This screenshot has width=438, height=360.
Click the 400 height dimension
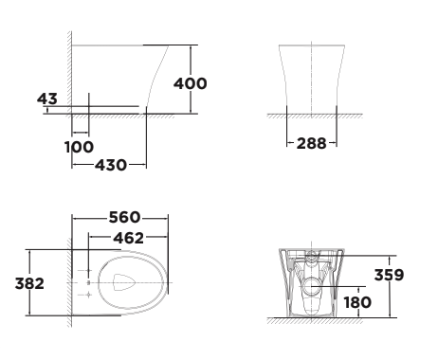(x=191, y=83)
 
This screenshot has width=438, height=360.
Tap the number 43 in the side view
(x=48, y=98)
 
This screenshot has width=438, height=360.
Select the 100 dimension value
(x=80, y=147)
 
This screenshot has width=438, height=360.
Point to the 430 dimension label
(x=111, y=165)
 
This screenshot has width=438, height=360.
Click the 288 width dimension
(x=311, y=144)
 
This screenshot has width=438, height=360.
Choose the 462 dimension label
(x=129, y=237)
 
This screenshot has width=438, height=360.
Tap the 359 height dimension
(x=389, y=276)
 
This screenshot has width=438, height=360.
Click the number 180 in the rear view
(x=356, y=303)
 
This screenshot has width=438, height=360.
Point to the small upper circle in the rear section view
(x=310, y=257)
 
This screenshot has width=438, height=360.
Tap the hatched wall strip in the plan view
(x=69, y=284)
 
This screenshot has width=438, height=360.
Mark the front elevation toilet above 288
(x=311, y=81)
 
